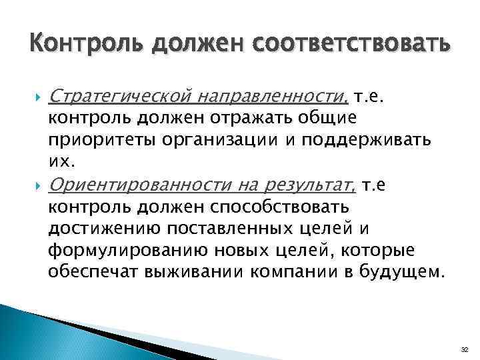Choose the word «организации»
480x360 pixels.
[207, 141]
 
